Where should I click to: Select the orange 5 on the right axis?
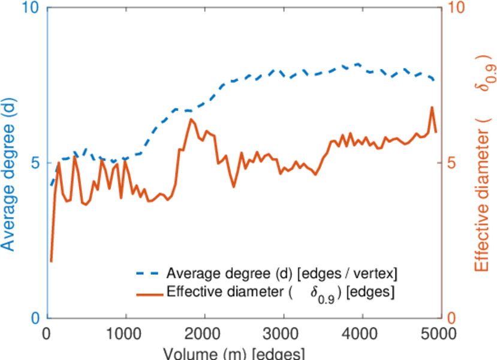tap(451, 163)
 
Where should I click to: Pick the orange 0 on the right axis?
tap(451, 317)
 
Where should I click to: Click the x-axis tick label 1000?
tap(126, 334)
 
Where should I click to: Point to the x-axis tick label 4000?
tap(362, 334)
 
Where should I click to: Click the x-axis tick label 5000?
tap(440, 334)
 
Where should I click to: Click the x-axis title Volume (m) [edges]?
tap(237, 353)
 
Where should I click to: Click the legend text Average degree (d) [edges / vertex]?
tap(282, 274)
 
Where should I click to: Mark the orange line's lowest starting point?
tap(51, 261)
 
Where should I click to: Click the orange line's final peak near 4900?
tap(432, 107)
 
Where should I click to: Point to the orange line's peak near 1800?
tap(191, 119)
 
